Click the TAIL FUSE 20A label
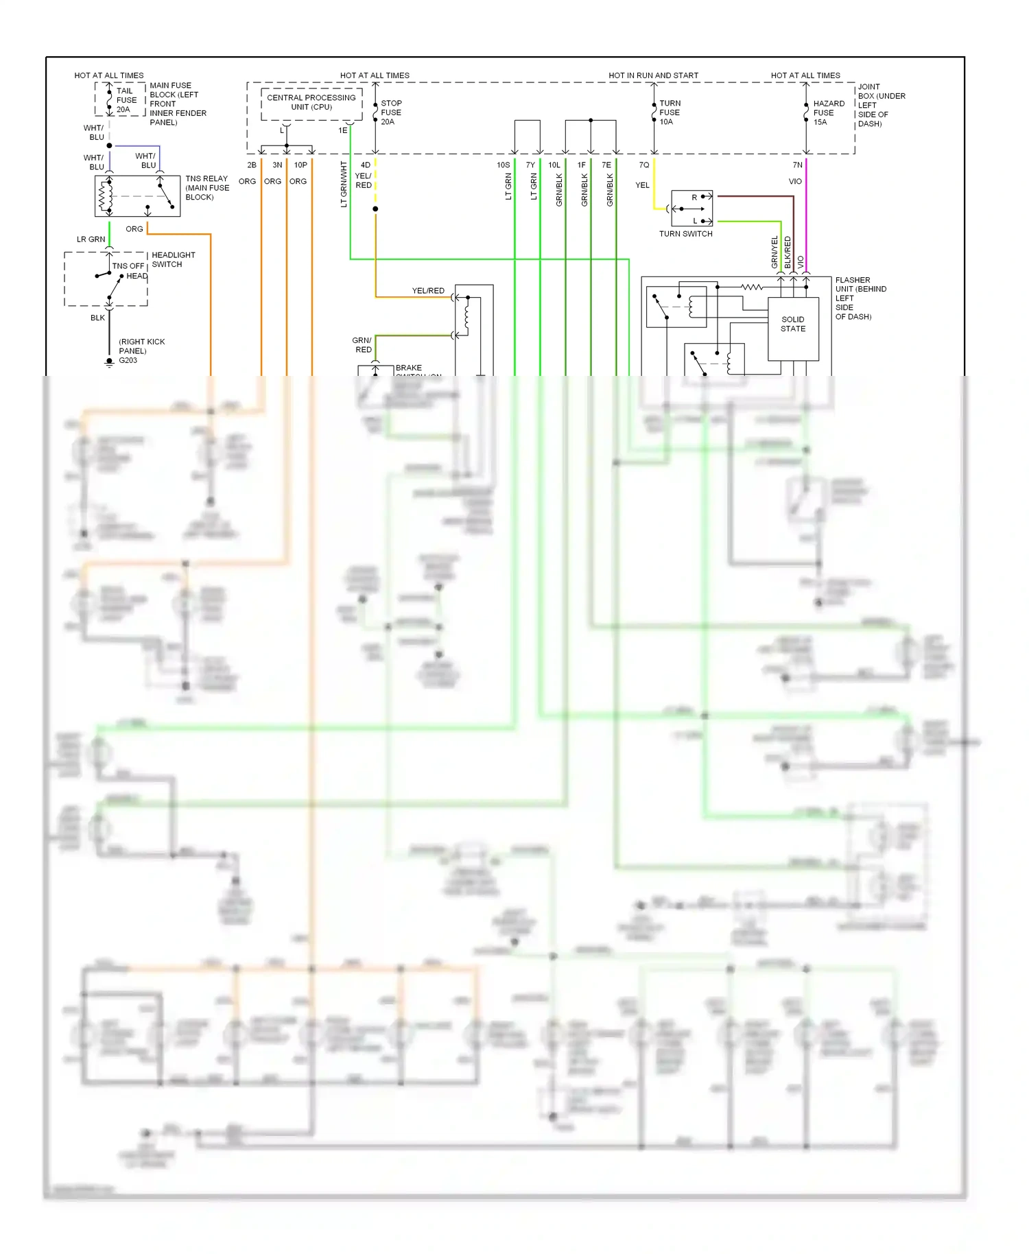coord(126,100)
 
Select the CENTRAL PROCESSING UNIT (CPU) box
coord(311,103)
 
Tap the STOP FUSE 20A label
coord(391,113)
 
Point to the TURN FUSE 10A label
coord(670,113)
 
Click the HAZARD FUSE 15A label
coord(828,113)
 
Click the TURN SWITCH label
coord(685,234)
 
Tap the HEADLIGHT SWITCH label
coord(173,259)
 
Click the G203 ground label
coord(128,360)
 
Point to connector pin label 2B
coord(252,165)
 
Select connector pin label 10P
coord(300,165)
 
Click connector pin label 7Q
coord(643,165)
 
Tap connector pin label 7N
coord(797,165)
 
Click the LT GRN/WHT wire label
coord(344,185)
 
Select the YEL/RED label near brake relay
coord(428,291)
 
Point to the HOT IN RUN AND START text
coord(653,75)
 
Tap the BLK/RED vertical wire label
coord(788,252)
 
